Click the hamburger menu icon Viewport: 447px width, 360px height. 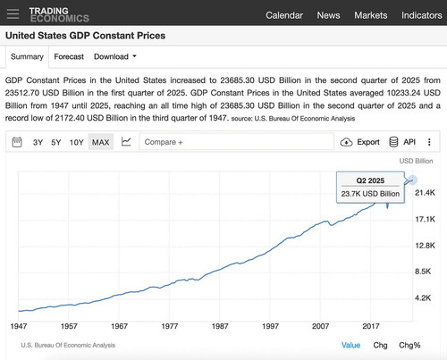(13, 14)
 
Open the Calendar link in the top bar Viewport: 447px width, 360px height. (284, 15)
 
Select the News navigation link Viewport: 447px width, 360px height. (328, 15)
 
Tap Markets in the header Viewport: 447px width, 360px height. (371, 15)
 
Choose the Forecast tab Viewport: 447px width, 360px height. (69, 56)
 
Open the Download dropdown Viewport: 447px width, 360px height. (115, 56)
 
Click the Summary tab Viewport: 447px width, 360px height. (27, 56)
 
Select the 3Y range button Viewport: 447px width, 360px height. (38, 142)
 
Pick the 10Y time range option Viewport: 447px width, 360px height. (76, 142)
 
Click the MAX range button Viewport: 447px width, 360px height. (101, 142)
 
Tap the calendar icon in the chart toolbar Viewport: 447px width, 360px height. (17, 142)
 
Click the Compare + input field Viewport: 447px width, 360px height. (236, 142)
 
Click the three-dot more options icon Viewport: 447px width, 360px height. (429, 142)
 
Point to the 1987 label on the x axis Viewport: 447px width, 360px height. (220, 326)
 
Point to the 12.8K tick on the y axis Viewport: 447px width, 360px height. (425, 246)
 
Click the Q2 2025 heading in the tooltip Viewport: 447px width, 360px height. (370, 180)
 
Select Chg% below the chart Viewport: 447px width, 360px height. (409, 346)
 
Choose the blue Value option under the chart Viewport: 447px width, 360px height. (350, 346)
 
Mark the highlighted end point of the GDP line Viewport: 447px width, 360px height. (412, 180)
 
